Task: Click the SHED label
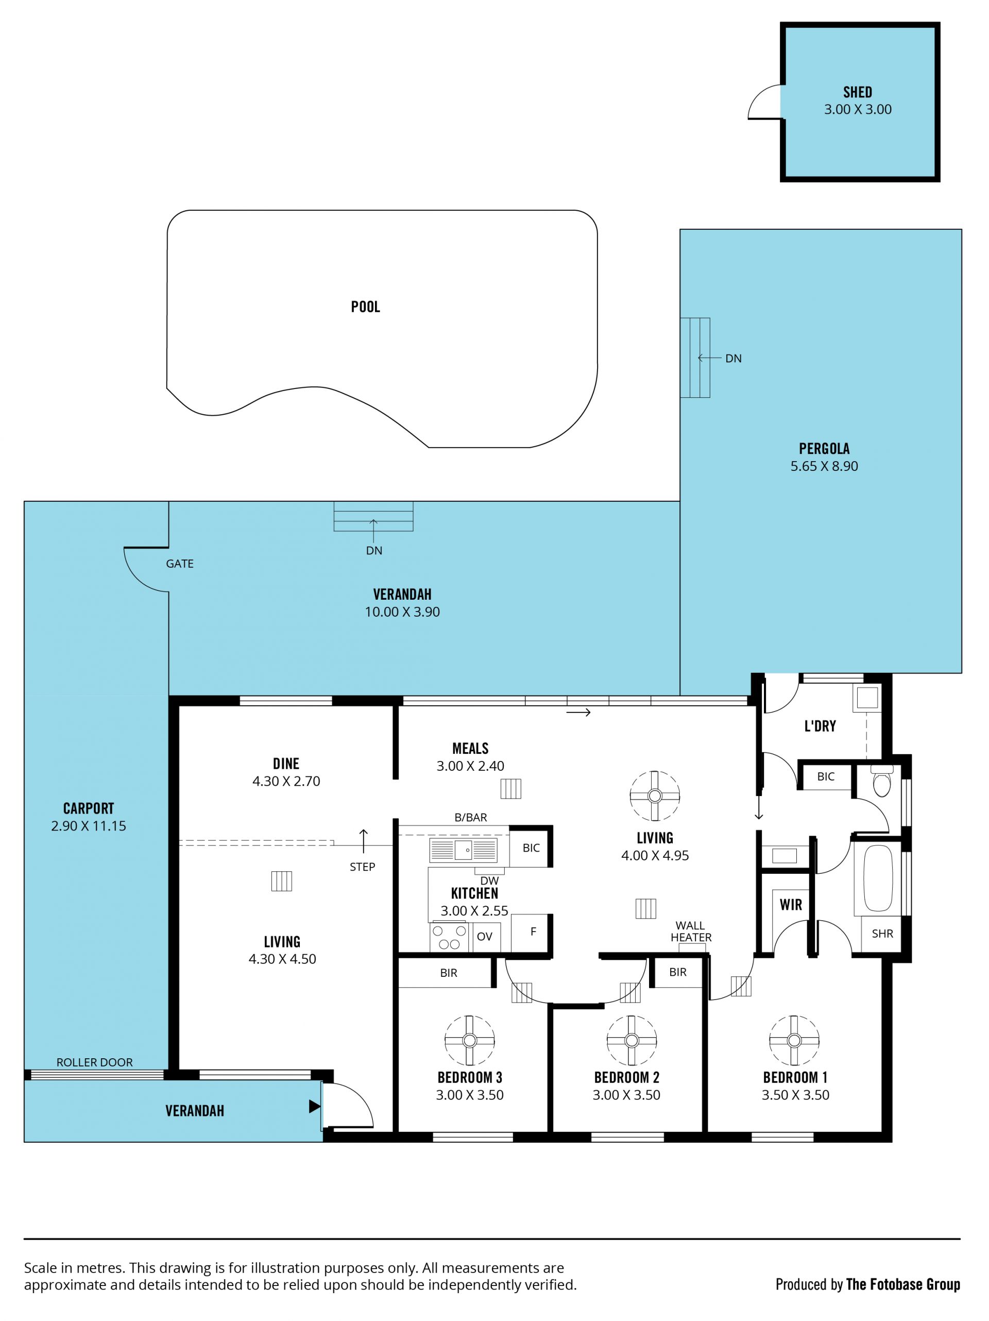(x=857, y=92)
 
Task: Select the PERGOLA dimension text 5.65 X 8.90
(x=824, y=466)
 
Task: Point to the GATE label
(x=180, y=563)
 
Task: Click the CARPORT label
(x=89, y=808)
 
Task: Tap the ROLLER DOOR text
(x=94, y=1062)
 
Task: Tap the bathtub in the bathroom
(x=877, y=877)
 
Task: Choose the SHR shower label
(x=882, y=934)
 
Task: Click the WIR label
(x=791, y=905)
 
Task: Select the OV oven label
(x=484, y=937)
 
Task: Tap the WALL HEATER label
(x=690, y=931)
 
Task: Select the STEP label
(x=363, y=867)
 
